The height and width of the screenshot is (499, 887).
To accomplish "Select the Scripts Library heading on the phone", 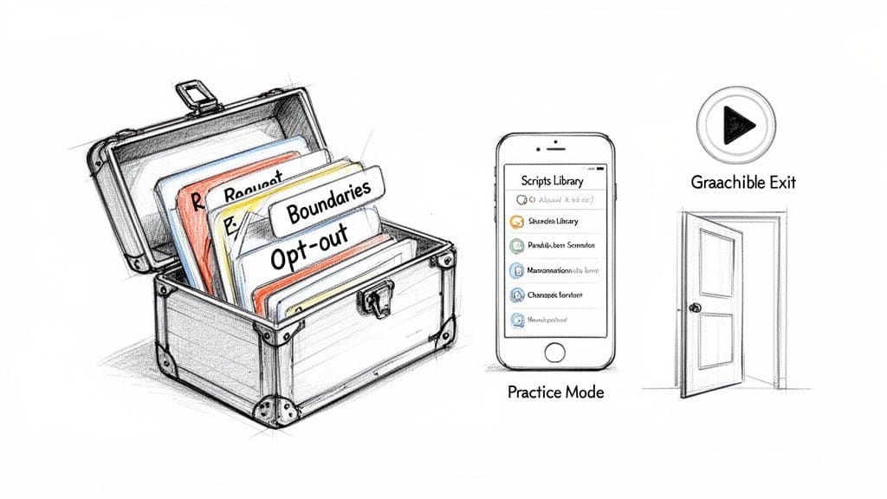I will tap(553, 181).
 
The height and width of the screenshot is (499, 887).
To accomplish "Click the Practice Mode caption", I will tap(555, 392).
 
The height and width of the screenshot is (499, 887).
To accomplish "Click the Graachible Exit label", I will tap(743, 183).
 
